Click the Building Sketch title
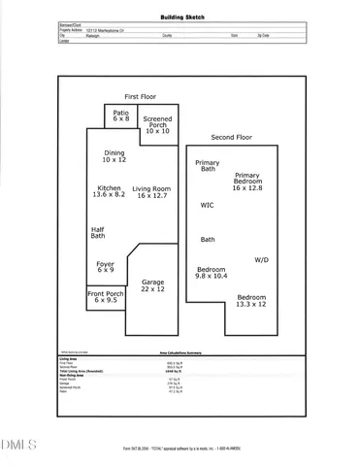coord(180,17)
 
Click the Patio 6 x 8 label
coord(120,116)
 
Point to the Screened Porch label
coord(158,123)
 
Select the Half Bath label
coord(98,232)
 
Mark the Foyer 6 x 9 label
coord(105,266)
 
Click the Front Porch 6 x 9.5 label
coord(107,297)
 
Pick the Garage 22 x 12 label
coord(152,285)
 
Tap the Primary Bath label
coord(208,166)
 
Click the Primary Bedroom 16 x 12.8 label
coord(248,182)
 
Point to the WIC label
coord(207,205)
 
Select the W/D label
coord(262,259)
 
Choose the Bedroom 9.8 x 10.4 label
coord(212,273)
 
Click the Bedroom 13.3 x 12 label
coord(251,300)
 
